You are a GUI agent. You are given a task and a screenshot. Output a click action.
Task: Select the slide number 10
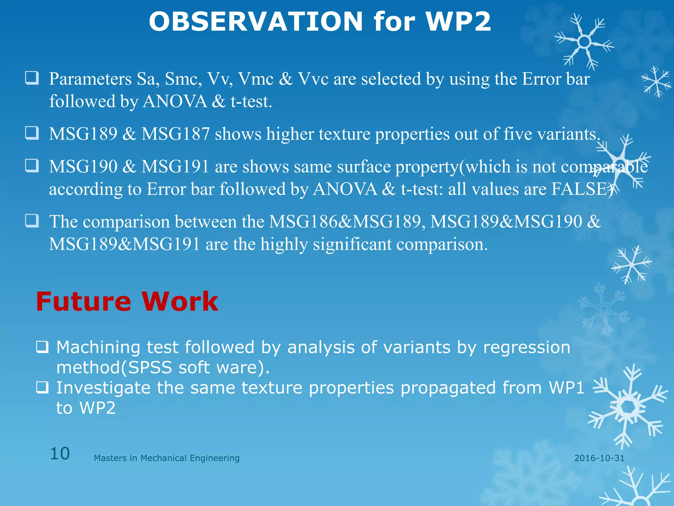pos(60,454)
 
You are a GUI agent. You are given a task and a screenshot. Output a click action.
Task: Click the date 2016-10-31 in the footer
pos(599,458)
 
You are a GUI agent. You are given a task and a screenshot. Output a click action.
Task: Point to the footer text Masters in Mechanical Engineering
pos(167,458)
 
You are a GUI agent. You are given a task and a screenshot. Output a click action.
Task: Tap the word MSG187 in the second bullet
pos(175,134)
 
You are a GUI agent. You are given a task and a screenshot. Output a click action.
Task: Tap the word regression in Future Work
pos(527,347)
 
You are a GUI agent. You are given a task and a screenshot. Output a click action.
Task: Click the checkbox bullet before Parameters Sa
pos(32,78)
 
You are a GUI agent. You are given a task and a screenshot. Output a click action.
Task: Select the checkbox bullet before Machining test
pos(42,347)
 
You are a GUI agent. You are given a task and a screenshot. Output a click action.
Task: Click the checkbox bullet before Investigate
pos(42,388)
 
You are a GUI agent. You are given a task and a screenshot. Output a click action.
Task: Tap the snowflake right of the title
pos(584,42)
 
